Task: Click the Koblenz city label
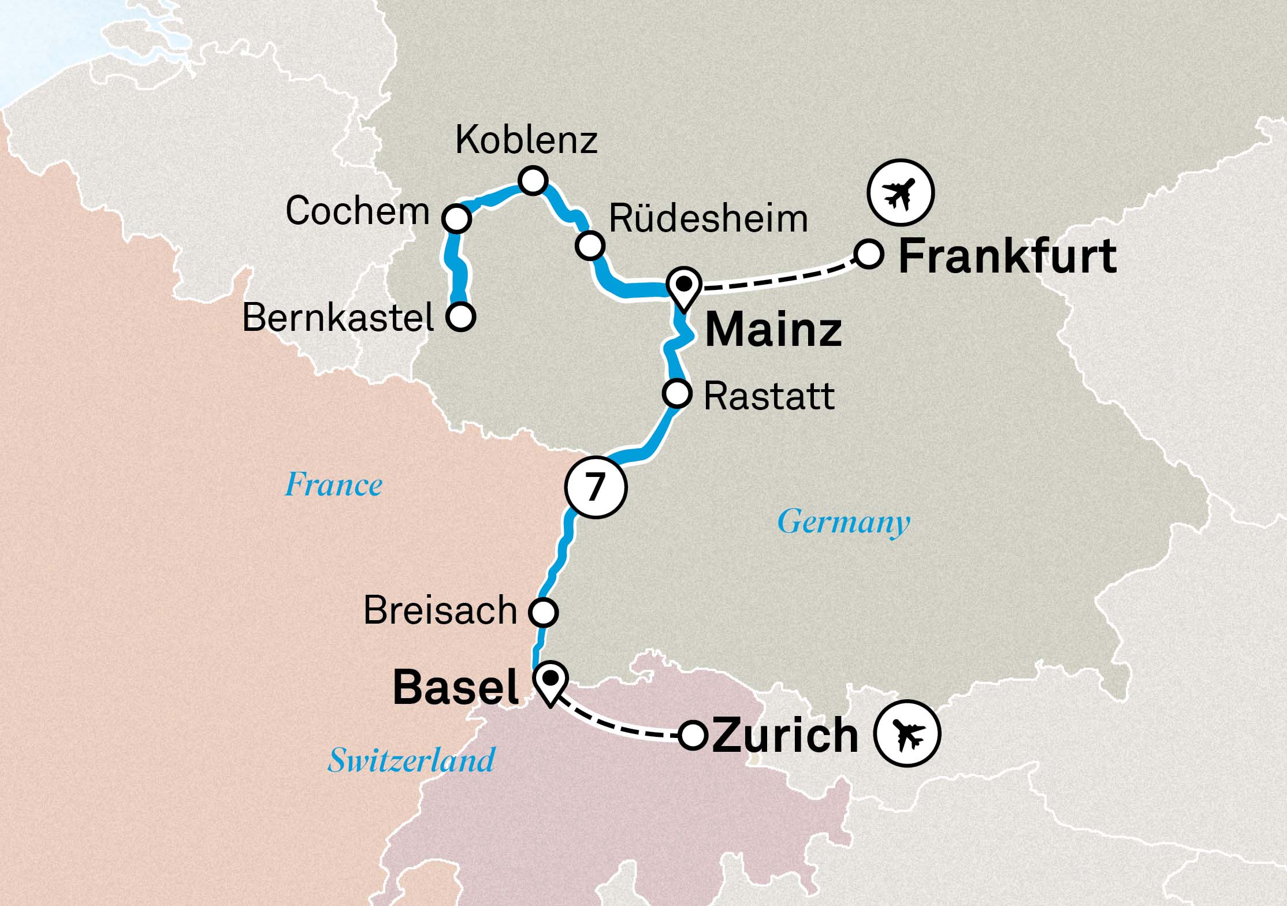coord(526,140)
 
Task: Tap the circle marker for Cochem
coord(456,218)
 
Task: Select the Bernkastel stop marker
coord(460,316)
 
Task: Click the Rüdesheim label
coord(708,219)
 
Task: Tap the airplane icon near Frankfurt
coord(900,192)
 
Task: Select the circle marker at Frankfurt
coord(869,254)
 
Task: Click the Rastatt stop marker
coord(676,394)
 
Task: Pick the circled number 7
coord(596,487)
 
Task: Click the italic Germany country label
coord(843,522)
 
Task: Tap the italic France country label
coord(333,484)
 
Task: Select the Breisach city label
coord(440,610)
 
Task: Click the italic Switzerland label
coord(411,760)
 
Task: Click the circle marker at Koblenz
coord(532,181)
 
